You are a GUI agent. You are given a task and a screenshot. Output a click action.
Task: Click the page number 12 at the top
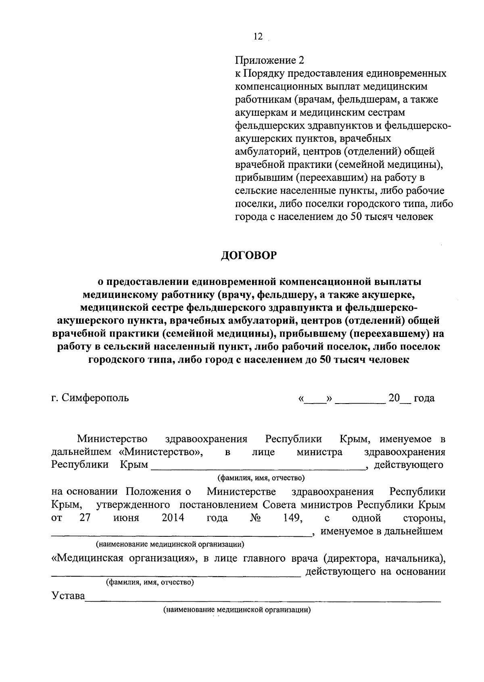point(258,37)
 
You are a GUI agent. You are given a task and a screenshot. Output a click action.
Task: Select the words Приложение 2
point(269,61)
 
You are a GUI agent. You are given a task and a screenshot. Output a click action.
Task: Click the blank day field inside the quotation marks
point(315,400)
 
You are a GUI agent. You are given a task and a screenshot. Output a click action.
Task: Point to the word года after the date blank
point(424,398)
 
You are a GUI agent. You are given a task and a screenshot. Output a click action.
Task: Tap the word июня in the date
point(126,518)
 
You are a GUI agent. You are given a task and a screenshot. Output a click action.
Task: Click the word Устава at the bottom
point(68,596)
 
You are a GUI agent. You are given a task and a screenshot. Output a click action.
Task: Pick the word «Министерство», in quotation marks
point(161,452)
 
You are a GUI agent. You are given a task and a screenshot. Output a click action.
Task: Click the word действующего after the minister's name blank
point(409,465)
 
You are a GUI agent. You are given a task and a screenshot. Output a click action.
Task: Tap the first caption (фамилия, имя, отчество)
point(261,478)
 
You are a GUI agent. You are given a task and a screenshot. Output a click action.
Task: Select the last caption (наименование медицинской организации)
point(237,610)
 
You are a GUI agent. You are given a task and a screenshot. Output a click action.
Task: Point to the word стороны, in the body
point(424,518)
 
